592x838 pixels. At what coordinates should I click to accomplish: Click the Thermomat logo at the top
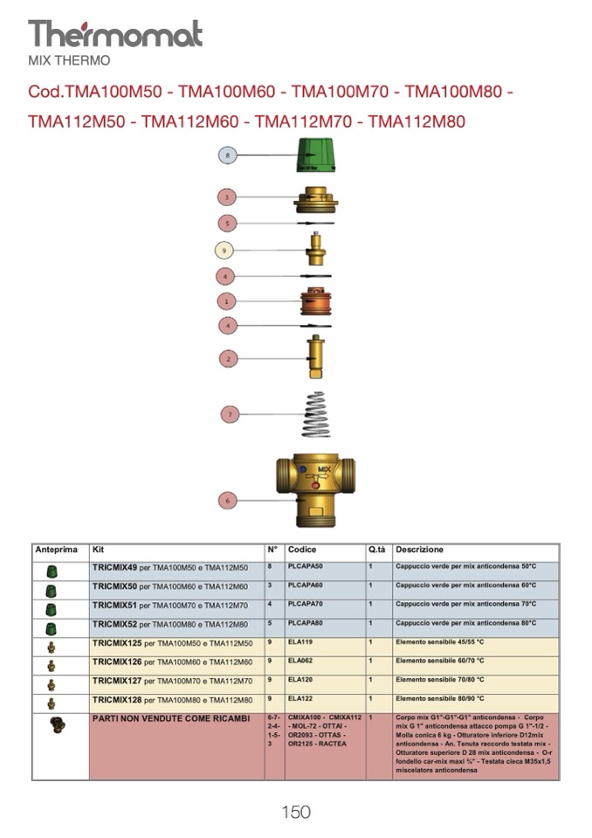[114, 34]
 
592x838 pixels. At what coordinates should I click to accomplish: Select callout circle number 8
[228, 156]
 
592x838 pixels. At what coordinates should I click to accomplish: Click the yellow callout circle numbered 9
[225, 250]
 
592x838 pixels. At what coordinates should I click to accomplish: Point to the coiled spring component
[315, 414]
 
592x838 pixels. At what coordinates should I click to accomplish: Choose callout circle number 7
[229, 414]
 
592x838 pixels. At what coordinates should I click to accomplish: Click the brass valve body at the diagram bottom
[316, 486]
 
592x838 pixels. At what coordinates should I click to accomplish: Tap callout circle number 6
[228, 501]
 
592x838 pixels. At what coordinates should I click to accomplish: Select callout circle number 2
[228, 358]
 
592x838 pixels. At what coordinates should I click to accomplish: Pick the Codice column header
[302, 551]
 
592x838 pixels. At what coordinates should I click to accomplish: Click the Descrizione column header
[419, 551]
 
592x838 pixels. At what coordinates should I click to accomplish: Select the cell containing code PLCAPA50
[306, 567]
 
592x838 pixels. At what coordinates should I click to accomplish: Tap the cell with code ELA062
[299, 661]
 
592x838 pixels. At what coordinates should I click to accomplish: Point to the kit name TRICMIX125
[117, 643]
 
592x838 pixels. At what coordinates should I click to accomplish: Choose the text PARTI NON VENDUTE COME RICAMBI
[165, 718]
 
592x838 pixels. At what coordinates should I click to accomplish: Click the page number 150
[296, 812]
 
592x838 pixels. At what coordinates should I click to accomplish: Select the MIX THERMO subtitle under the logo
[69, 61]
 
